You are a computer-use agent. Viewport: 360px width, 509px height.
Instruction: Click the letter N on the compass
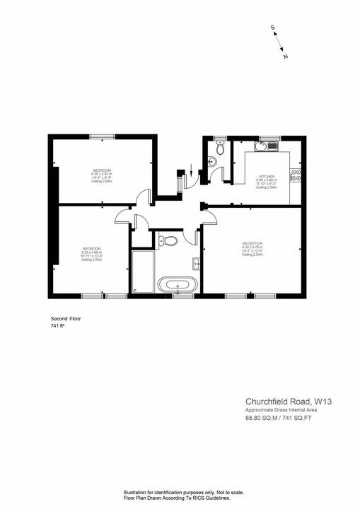pos(284,55)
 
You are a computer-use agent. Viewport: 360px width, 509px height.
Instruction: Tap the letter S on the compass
pos(272,28)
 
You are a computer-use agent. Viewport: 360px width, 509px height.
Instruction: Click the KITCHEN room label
pos(266,176)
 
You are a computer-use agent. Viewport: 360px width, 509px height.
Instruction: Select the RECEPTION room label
pos(252,243)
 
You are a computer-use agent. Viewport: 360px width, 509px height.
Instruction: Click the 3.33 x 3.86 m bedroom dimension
pos(92,252)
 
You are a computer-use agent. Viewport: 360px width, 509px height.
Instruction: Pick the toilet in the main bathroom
pos(168,241)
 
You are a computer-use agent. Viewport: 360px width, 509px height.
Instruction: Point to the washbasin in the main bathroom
pos(197,264)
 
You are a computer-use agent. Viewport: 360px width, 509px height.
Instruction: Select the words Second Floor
pos(66,319)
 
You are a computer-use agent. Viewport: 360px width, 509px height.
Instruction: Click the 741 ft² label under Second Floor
pos(58,327)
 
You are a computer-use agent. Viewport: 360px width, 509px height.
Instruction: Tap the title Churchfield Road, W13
pos(289,402)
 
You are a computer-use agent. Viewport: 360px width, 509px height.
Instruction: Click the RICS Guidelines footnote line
pos(177,498)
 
